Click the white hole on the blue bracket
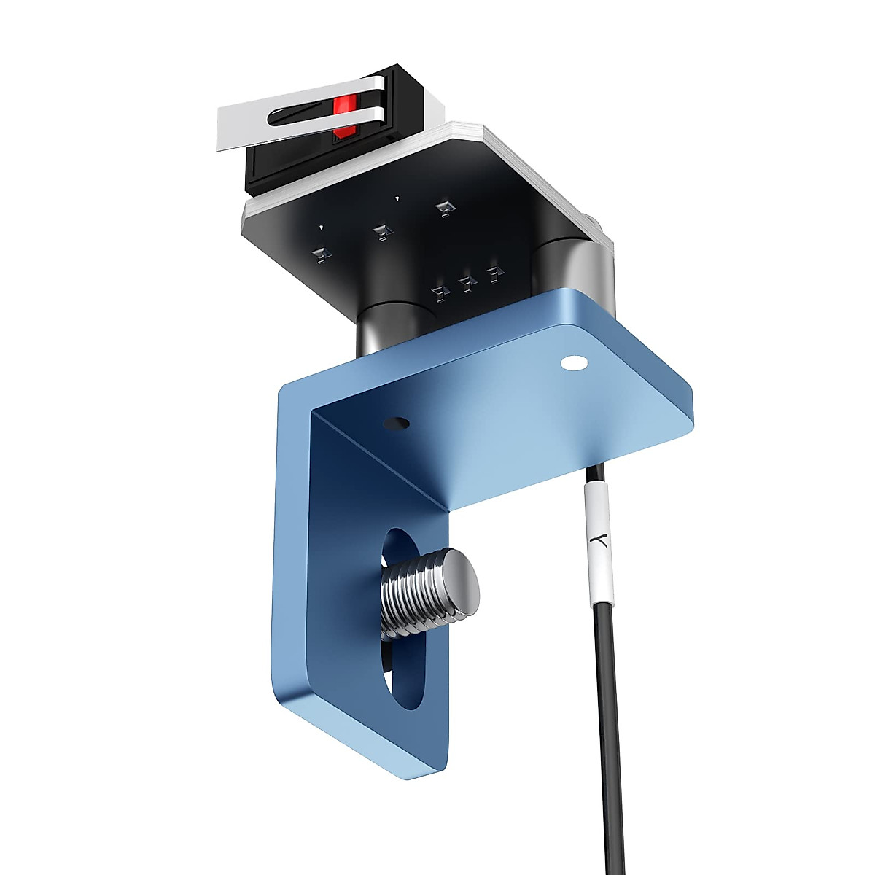tap(573, 362)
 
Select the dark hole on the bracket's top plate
tap(397, 422)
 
